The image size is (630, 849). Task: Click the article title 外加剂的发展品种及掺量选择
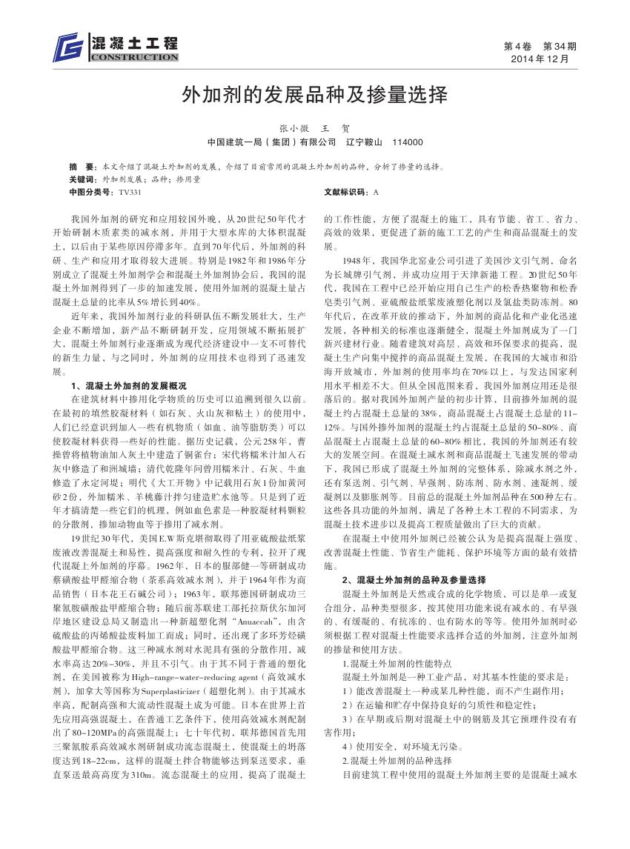point(315,94)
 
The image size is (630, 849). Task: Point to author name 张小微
point(292,128)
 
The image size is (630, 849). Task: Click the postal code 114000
point(407,142)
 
